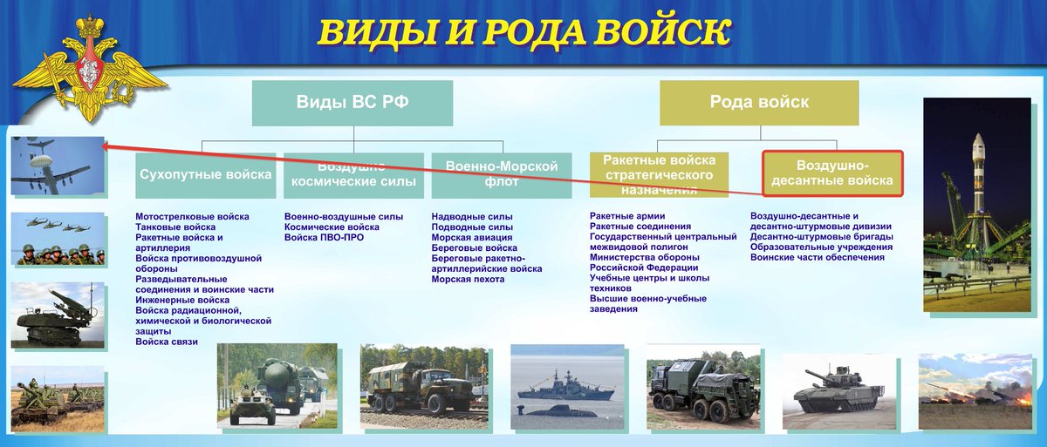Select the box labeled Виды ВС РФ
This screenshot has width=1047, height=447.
pyautogui.click(x=352, y=103)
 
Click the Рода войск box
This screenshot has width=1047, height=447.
pyautogui.click(x=759, y=103)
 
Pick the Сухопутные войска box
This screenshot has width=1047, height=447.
pyautogui.click(x=205, y=174)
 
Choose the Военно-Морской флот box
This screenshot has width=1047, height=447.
pyautogui.click(x=501, y=174)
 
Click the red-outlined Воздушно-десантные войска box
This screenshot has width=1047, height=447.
pyautogui.click(x=832, y=173)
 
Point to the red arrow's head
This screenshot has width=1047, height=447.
pyautogui.click(x=103, y=147)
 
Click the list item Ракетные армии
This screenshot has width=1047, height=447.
pyautogui.click(x=627, y=216)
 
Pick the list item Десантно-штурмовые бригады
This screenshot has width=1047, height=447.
pyautogui.click(x=821, y=237)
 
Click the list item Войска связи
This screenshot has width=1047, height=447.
pyautogui.click(x=167, y=342)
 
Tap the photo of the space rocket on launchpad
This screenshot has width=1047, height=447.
pyautogui.click(x=980, y=204)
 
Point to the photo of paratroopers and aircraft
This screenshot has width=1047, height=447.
pyautogui.click(x=58, y=166)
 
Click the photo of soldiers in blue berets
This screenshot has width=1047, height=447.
pyautogui.click(x=58, y=240)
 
